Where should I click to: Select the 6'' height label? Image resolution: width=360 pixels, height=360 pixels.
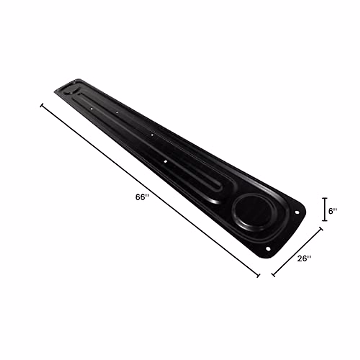333,211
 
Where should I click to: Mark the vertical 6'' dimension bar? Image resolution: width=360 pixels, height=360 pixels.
325,209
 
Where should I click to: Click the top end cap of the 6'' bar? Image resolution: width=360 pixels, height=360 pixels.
325,198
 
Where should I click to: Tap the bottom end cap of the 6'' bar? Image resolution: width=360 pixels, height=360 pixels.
325,220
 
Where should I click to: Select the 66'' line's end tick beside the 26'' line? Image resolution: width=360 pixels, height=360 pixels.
258,275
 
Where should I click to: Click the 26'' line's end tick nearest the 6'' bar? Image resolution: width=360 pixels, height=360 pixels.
321,229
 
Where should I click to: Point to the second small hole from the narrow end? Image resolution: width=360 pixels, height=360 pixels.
117,112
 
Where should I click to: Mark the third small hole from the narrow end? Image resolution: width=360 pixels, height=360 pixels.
152,135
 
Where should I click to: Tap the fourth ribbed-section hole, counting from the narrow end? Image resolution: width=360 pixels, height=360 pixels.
165,161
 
